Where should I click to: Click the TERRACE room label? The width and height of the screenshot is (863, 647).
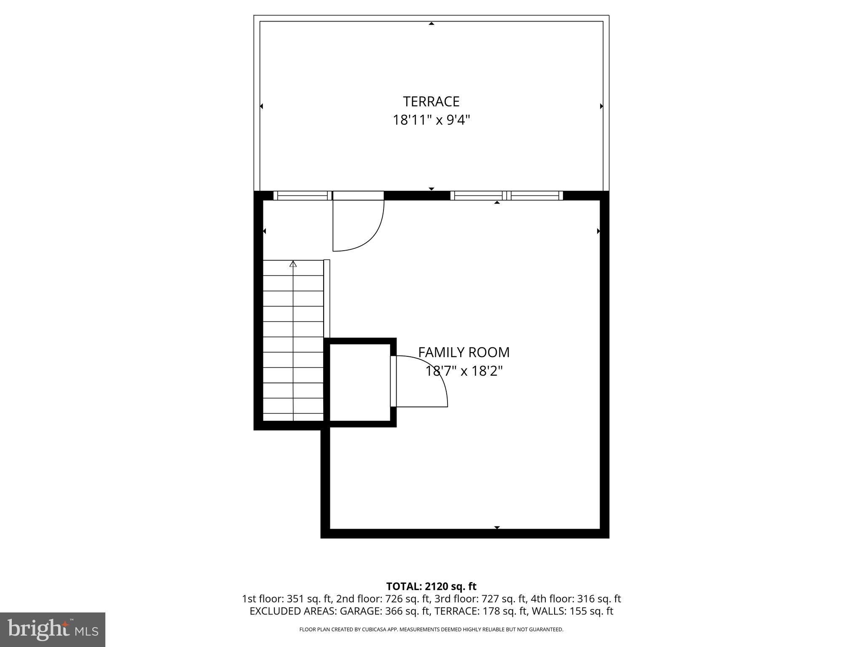[431, 102]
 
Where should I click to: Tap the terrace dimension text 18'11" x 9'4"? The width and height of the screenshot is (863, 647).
[431, 120]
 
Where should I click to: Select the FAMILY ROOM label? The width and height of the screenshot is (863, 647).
[464, 352]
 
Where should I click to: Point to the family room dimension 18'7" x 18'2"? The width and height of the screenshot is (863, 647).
[464, 371]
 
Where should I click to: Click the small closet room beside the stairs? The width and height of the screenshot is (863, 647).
[359, 382]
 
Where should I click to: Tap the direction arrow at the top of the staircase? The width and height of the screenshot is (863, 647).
[293, 264]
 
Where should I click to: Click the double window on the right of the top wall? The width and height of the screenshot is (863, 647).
[507, 195]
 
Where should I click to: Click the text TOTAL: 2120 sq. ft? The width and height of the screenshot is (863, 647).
[431, 586]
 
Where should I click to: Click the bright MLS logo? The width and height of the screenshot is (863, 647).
[53, 629]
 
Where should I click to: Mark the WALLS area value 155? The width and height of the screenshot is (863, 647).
[578, 611]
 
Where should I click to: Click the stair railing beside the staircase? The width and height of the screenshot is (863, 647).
[327, 298]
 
